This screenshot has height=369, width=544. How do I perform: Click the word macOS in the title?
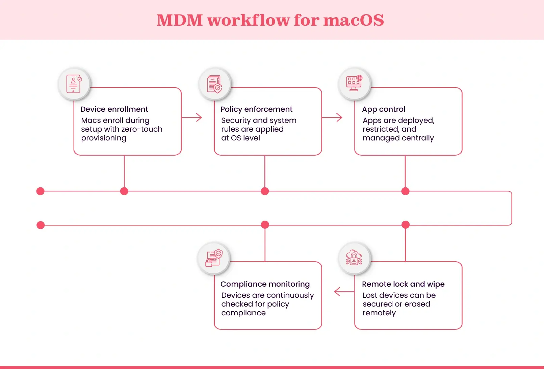click(354, 20)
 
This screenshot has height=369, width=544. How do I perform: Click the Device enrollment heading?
click(114, 109)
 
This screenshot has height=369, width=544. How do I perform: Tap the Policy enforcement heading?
click(256, 109)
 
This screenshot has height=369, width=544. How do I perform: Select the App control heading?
click(384, 109)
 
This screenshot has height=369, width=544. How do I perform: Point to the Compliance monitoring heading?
click(265, 284)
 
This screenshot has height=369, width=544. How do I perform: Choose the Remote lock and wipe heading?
click(403, 284)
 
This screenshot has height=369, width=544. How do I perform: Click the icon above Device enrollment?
click(74, 84)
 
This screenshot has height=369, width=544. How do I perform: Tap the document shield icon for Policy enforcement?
click(214, 84)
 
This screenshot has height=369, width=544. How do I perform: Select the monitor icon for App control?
click(354, 83)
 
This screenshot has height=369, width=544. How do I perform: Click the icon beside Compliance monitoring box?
click(214, 258)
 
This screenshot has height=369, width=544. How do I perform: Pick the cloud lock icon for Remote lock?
click(354, 258)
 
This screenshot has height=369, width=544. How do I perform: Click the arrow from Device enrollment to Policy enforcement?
click(192, 117)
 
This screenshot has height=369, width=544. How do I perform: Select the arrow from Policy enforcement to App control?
click(332, 117)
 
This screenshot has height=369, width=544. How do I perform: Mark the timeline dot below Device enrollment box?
click(124, 191)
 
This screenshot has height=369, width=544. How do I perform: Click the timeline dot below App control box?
click(405, 191)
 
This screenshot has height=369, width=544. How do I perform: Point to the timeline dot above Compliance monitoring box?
click(265, 225)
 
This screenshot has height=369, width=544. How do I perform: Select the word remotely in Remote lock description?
click(379, 313)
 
